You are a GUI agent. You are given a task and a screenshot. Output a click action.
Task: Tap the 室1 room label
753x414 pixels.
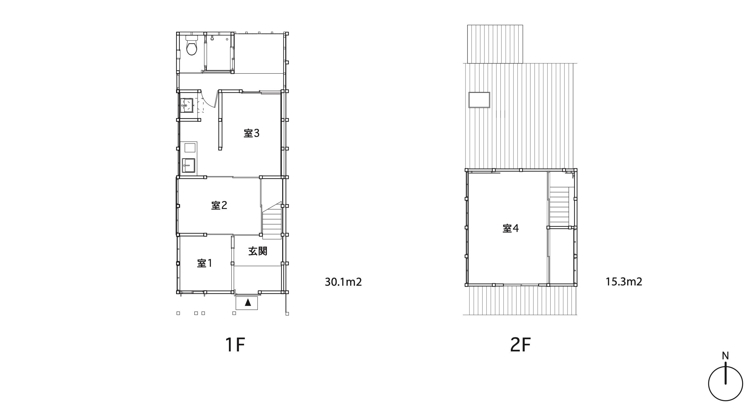[x=205, y=263]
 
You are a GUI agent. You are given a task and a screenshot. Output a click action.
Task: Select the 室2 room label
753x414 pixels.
[x=219, y=205]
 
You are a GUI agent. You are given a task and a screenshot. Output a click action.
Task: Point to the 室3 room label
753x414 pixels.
[x=251, y=133]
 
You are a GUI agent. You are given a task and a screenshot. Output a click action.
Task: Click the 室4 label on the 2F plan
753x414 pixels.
[x=511, y=228]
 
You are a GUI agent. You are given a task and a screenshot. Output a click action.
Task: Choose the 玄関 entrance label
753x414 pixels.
[x=258, y=251]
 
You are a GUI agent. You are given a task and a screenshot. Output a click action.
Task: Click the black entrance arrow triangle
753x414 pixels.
[x=248, y=302]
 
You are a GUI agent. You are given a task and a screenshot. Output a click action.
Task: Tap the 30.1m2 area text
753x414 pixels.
[x=343, y=282]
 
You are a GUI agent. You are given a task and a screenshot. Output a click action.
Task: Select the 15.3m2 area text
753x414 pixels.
[x=624, y=282]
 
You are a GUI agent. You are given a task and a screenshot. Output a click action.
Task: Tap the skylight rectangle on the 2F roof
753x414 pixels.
[x=479, y=100]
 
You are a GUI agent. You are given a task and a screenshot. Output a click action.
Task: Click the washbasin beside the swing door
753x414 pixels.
[x=187, y=105]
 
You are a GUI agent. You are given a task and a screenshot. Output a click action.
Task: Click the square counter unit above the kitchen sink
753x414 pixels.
[x=190, y=147]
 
